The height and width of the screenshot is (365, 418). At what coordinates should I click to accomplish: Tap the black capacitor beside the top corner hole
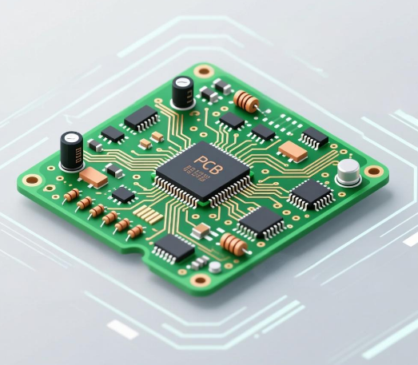click(x=183, y=92)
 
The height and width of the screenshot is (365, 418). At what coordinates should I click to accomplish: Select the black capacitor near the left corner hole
click(x=72, y=149)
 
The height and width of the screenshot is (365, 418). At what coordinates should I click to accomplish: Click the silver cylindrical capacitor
click(x=348, y=173)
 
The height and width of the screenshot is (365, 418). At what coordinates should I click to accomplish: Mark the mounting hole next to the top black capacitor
click(x=204, y=70)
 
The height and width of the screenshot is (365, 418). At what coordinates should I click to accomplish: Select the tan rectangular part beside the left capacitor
click(x=94, y=177)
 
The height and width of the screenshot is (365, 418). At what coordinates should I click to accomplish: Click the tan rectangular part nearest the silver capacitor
click(x=293, y=152)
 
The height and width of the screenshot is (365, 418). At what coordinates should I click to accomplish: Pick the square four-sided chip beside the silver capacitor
click(x=311, y=194)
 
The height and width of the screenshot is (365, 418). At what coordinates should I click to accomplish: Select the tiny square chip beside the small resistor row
click(x=123, y=194)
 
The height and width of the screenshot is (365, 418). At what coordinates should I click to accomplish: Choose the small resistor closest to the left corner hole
click(x=71, y=194)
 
